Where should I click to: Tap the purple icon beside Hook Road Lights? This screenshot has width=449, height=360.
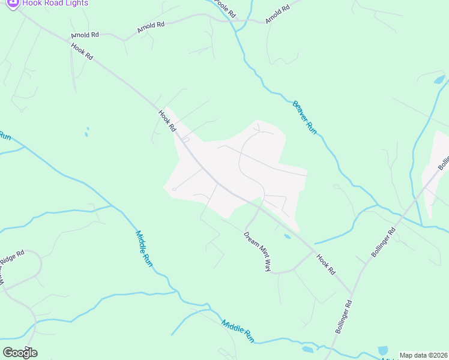tap(13, 2)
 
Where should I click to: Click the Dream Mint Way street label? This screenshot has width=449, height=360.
tap(258, 251)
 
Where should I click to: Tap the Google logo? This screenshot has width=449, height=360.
tap(20, 352)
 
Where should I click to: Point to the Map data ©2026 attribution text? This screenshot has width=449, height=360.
tap(423, 355)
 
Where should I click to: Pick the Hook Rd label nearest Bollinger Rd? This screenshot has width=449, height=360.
tap(325, 265)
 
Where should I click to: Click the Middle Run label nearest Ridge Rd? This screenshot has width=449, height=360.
tap(144, 248)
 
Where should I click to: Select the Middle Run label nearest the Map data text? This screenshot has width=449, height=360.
tap(238, 331)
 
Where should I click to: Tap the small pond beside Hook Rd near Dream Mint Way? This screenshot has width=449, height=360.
tap(287, 236)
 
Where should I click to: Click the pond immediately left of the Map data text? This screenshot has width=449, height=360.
tap(382, 350)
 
